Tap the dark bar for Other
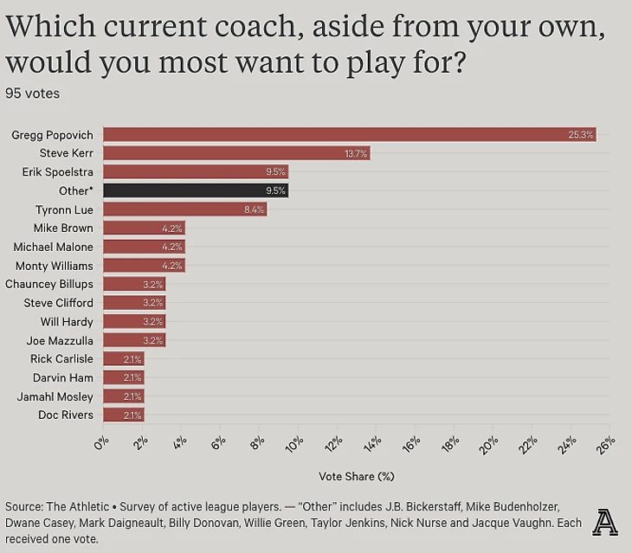coord(196,190)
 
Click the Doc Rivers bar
coord(124,415)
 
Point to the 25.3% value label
coord(581,134)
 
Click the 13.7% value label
coord(356,153)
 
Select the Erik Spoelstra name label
coord(57,171)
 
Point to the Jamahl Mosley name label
coord(55,396)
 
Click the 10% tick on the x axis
coord(293,446)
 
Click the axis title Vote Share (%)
coord(356,475)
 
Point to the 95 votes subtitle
coord(32,93)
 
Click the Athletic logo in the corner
coord(605,522)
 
